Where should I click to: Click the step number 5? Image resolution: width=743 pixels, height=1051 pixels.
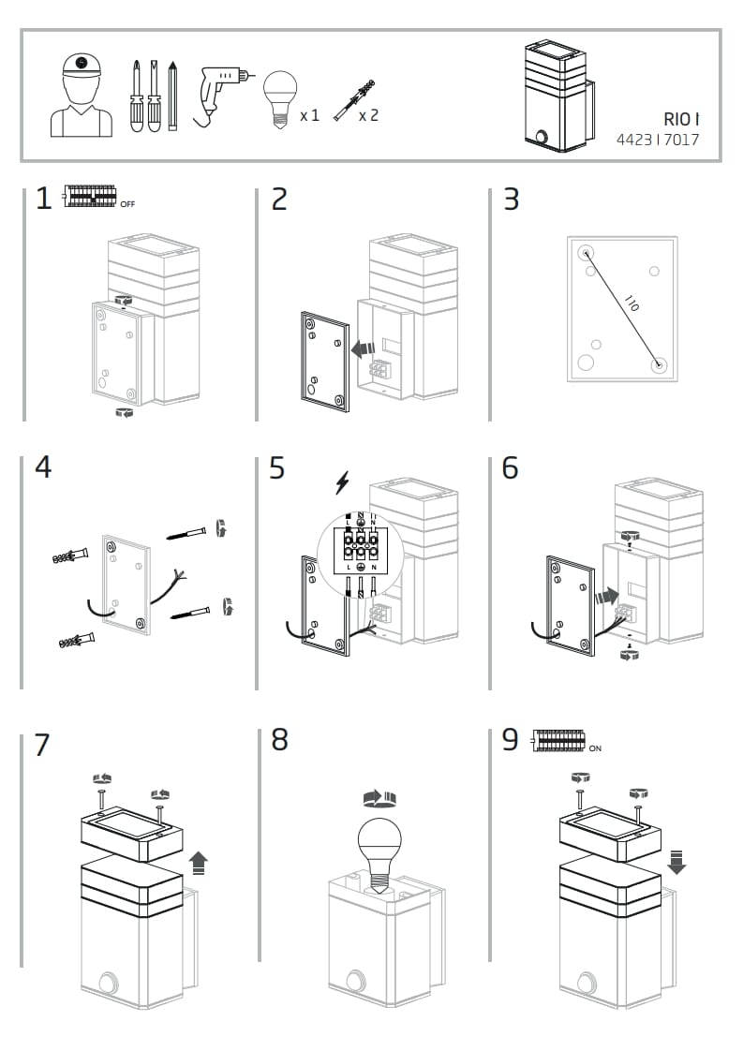click(276, 467)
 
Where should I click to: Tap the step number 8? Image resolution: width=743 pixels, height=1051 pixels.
click(279, 740)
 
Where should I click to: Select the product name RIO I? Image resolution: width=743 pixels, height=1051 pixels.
click(681, 119)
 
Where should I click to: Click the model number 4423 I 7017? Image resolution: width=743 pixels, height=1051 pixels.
click(657, 141)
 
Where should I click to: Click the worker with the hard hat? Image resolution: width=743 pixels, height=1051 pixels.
click(81, 95)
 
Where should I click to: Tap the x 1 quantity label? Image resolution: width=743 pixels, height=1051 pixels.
click(309, 115)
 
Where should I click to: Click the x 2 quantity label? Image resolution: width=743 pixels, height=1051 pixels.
click(368, 115)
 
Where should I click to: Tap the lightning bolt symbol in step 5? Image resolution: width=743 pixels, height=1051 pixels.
click(343, 482)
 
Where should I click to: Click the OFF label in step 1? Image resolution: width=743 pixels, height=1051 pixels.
click(127, 203)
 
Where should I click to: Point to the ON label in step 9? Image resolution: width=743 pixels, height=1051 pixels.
click(595, 748)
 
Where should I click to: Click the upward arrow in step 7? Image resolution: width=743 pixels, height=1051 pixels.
click(198, 861)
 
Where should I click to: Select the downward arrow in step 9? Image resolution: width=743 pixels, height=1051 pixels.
click(676, 861)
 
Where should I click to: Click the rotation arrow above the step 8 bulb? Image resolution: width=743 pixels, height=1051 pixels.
click(379, 798)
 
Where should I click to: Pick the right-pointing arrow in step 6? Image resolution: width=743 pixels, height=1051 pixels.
click(606, 593)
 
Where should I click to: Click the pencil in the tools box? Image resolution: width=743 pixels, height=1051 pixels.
click(172, 96)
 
